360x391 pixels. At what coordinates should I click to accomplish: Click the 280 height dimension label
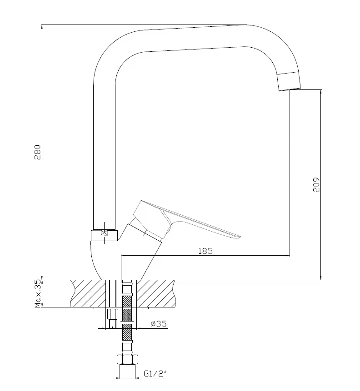pyautogui.click(x=37, y=152)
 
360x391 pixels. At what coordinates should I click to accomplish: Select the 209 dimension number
pyautogui.click(x=316, y=185)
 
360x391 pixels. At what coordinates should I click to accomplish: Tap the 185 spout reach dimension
pyautogui.click(x=205, y=251)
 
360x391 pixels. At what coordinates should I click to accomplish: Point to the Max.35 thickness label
pyautogui.click(x=38, y=294)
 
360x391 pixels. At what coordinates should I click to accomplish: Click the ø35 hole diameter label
pyautogui.click(x=159, y=324)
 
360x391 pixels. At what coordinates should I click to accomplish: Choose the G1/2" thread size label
pyautogui.click(x=155, y=374)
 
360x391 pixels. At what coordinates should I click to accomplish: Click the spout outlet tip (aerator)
pyautogui.click(x=290, y=81)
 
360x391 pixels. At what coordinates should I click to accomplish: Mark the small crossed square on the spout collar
pyautogui.click(x=104, y=233)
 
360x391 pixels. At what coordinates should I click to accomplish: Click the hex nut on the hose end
pyautogui.click(x=127, y=359)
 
